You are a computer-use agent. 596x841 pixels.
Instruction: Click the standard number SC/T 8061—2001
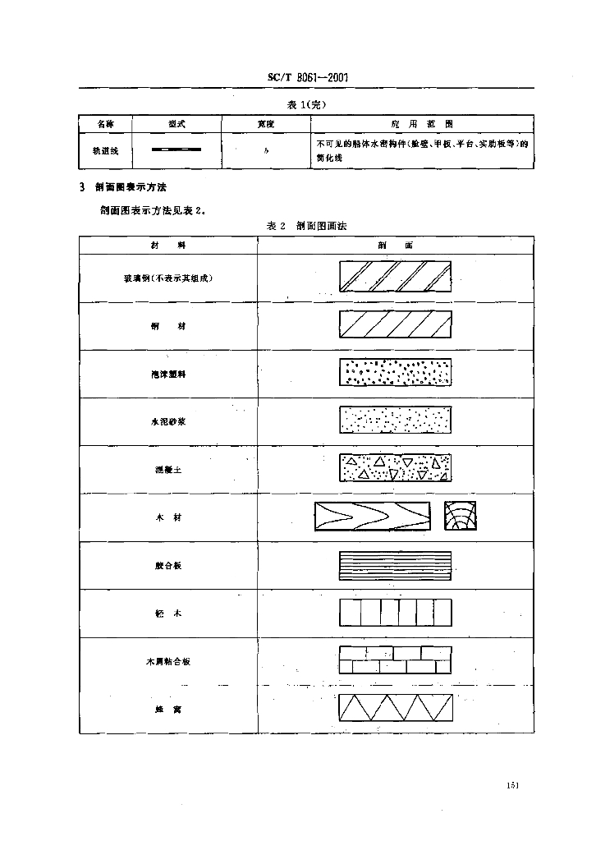pyautogui.click(x=309, y=76)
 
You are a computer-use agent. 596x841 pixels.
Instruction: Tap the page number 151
pyautogui.click(x=515, y=786)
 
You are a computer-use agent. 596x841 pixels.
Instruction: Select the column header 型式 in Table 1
pyautogui.click(x=176, y=123)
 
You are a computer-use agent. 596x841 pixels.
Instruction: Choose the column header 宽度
pyautogui.click(x=265, y=123)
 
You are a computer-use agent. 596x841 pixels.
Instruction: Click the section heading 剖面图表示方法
pyautogui.click(x=131, y=188)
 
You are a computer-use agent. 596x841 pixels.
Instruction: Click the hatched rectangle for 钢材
pyautogui.click(x=395, y=325)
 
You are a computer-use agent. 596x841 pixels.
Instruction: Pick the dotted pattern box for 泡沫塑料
pyautogui.click(x=395, y=373)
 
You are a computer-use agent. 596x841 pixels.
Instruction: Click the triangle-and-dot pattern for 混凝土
pyautogui.click(x=395, y=467)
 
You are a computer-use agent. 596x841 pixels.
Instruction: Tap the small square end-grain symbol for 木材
pyautogui.click(x=460, y=516)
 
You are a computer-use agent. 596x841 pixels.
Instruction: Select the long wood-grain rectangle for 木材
pyautogui.click(x=373, y=516)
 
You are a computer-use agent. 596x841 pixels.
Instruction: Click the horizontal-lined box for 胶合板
pyautogui.click(x=395, y=565)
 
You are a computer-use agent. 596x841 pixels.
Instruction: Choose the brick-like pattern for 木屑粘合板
pyautogui.click(x=395, y=659)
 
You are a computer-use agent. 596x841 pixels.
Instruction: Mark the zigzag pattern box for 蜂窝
pyautogui.click(x=395, y=707)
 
